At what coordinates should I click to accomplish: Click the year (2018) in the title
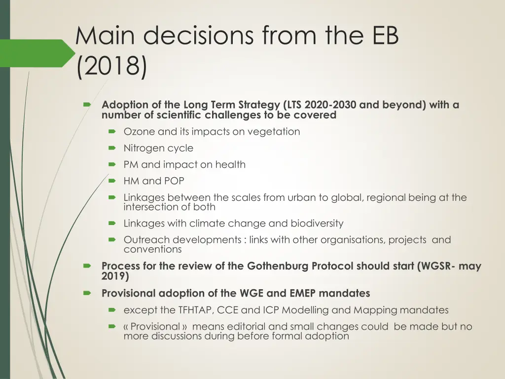click(111, 67)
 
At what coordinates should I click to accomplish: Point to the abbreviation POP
click(174, 181)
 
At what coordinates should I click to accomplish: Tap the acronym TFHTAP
click(196, 310)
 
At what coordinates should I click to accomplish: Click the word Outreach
click(146, 240)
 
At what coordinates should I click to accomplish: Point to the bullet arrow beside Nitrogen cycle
click(112, 148)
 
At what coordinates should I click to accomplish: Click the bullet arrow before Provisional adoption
click(87, 293)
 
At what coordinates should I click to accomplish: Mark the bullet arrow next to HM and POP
click(112, 181)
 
